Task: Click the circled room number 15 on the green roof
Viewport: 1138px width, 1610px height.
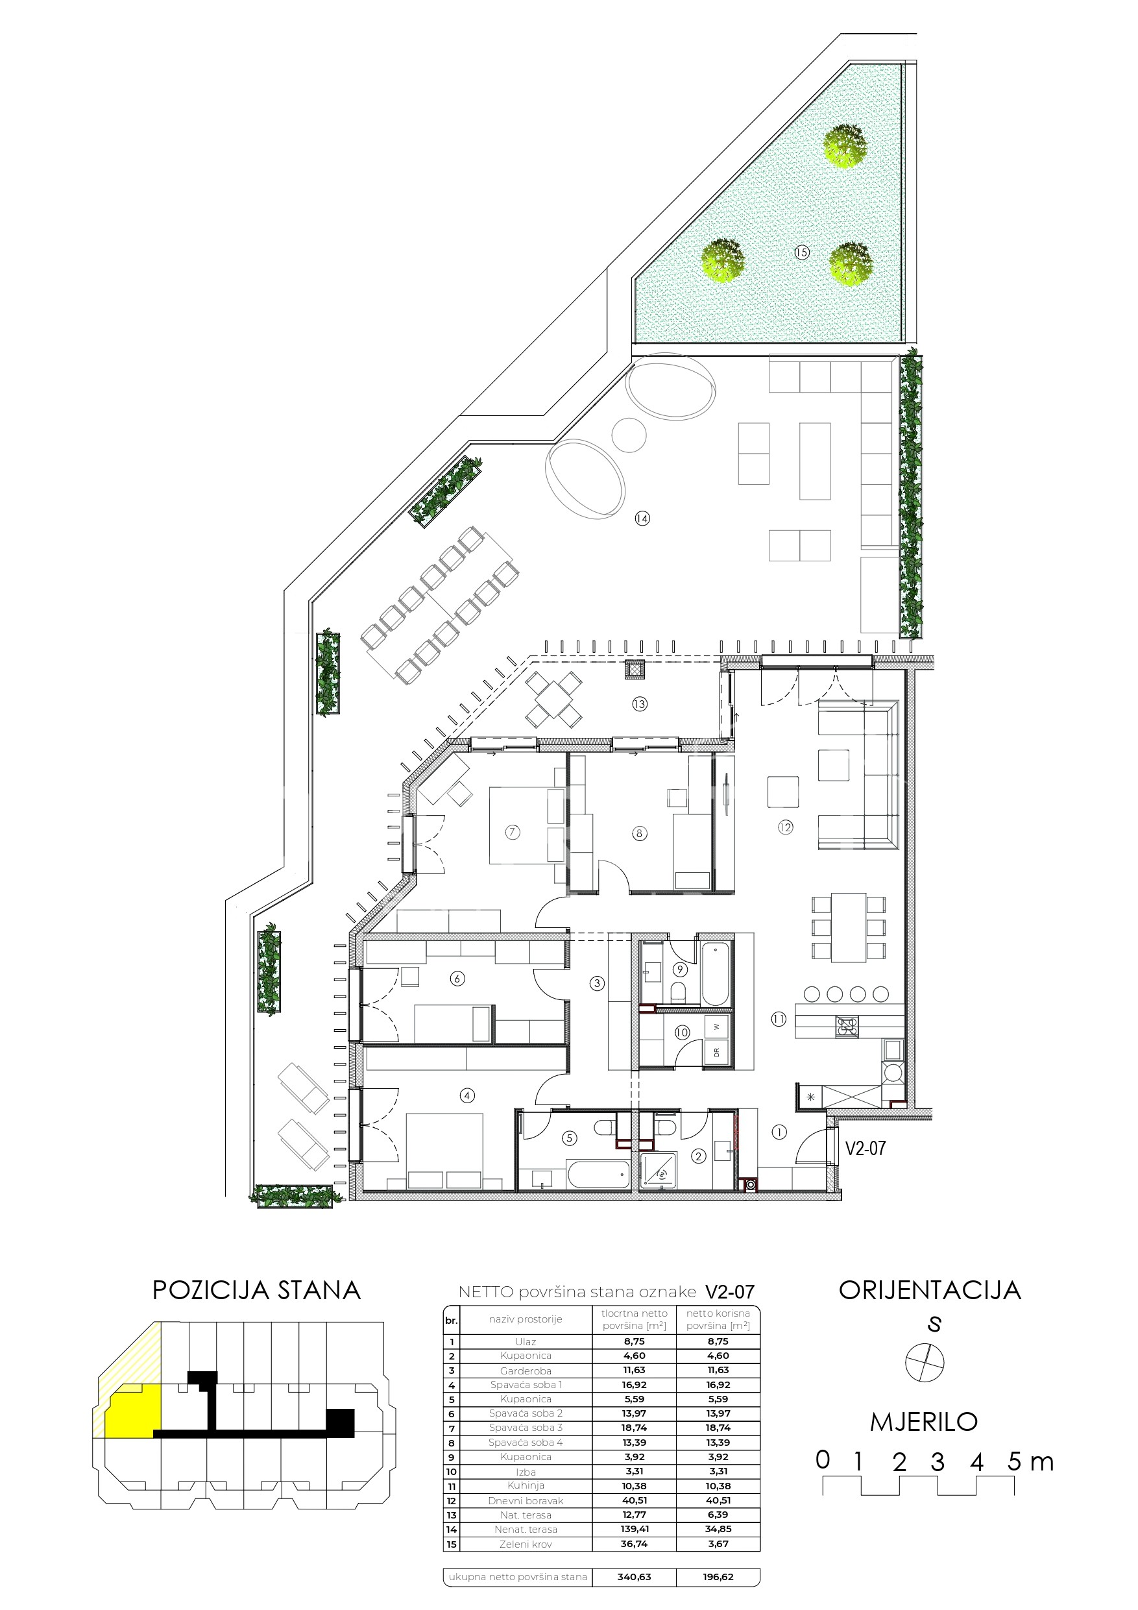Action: click(x=801, y=252)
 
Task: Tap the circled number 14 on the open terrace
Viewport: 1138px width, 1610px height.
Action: click(x=642, y=518)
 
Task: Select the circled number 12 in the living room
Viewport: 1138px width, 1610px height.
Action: click(x=785, y=827)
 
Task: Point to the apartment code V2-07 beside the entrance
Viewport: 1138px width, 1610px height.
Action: click(x=866, y=1148)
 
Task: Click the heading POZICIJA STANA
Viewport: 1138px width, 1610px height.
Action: click(x=257, y=1290)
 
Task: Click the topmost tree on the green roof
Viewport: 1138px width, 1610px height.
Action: click(x=845, y=146)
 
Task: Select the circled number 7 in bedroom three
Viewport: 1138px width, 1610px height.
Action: click(x=513, y=833)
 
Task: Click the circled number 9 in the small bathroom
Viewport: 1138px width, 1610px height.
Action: click(x=679, y=970)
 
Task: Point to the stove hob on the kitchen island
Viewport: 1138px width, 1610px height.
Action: click(x=846, y=1027)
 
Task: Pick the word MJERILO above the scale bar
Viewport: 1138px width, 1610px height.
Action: click(x=924, y=1421)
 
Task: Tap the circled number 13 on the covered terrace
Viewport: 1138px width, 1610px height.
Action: click(x=639, y=703)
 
